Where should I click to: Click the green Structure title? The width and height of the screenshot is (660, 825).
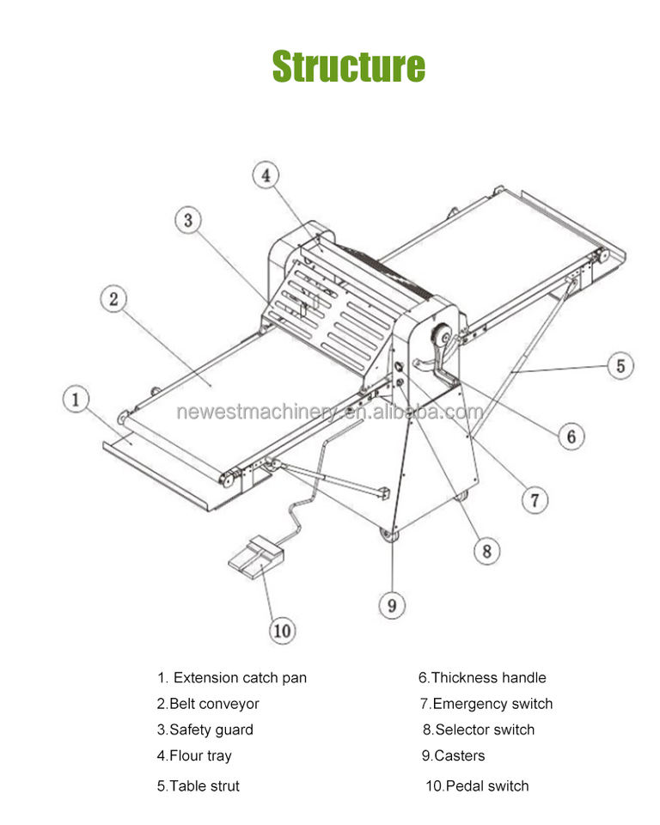click(348, 67)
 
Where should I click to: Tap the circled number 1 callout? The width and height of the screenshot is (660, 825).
click(76, 400)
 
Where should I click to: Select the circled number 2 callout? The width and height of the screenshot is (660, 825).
click(113, 300)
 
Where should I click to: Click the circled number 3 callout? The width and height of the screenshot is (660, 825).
click(188, 220)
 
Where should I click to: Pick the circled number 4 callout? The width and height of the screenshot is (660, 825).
click(266, 175)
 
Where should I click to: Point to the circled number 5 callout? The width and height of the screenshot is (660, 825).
click(620, 365)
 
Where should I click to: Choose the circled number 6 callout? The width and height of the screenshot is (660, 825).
click(571, 436)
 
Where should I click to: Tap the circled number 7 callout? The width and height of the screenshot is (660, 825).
click(535, 499)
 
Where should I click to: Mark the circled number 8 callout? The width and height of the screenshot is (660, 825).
click(486, 550)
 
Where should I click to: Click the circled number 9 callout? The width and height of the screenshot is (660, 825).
click(392, 605)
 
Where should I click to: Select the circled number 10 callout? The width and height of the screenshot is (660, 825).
click(281, 631)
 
